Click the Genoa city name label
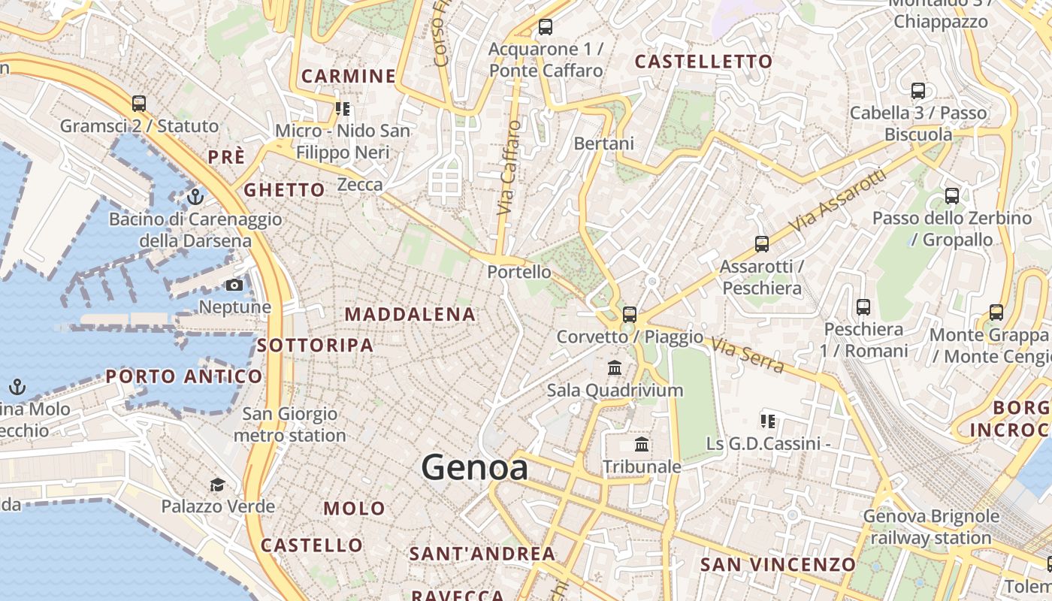474,467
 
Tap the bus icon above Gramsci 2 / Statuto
139,104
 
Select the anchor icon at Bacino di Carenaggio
195,197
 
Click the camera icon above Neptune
234,285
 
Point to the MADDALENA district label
410,315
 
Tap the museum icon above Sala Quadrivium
615,368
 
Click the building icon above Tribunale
642,445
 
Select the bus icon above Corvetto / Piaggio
630,315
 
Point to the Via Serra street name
747,355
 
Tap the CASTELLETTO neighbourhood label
704,62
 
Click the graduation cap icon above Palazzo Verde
218,485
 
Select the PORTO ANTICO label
184,376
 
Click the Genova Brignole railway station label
931,527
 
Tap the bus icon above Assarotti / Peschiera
762,244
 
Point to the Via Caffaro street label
509,168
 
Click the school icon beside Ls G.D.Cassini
767,421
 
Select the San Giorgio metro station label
289,424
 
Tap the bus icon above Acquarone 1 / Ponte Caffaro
546,28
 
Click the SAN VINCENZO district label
778,564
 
